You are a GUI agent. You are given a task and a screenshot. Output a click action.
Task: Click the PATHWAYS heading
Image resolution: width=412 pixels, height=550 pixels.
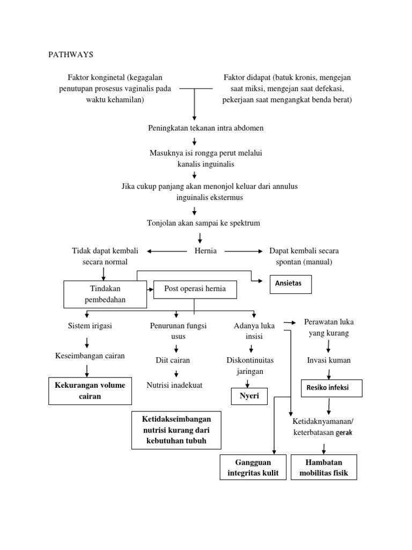pyautogui.click(x=71, y=55)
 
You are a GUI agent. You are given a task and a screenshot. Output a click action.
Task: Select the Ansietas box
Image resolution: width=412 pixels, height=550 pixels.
pyautogui.click(x=290, y=284)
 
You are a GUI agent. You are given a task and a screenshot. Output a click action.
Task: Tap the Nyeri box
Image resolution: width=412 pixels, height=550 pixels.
pyautogui.click(x=249, y=396)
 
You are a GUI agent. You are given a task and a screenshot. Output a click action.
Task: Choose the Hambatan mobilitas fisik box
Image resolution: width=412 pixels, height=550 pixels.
pyautogui.click(x=323, y=467)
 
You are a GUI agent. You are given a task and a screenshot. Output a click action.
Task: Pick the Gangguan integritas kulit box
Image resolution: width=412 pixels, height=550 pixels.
pyautogui.click(x=253, y=467)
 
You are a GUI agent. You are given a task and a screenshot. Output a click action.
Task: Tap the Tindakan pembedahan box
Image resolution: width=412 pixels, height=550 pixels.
pyautogui.click(x=105, y=294)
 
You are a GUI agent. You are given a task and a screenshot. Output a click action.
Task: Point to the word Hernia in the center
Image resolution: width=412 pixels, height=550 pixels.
pyautogui.click(x=205, y=251)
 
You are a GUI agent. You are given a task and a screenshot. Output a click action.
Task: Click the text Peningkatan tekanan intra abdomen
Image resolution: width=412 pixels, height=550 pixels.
pyautogui.click(x=205, y=128)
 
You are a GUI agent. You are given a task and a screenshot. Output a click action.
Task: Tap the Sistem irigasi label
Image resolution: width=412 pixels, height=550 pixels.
pyautogui.click(x=90, y=326)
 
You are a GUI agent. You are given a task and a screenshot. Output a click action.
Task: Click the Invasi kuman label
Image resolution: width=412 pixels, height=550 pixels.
pyautogui.click(x=329, y=360)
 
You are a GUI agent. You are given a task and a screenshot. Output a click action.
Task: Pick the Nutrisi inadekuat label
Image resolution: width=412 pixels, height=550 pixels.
pyautogui.click(x=175, y=385)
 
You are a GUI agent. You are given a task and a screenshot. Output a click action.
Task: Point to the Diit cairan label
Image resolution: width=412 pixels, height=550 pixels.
pyautogui.click(x=173, y=360)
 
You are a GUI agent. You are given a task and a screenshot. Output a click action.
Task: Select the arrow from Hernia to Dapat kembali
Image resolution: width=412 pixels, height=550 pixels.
pyautogui.click(x=244, y=251)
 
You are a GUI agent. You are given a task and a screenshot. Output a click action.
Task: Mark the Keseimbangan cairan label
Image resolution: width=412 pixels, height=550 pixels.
pyautogui.click(x=90, y=356)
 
